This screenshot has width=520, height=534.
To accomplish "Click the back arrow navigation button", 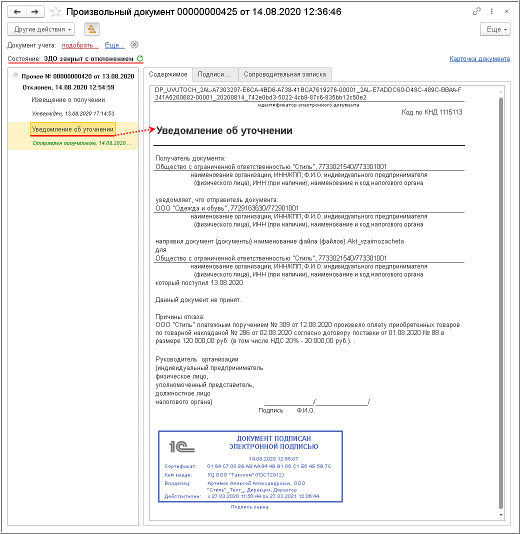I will pyautogui.click(x=17, y=11).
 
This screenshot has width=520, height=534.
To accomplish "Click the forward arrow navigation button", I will pyautogui.click(x=35, y=11).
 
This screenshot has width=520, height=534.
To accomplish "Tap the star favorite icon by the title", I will pyautogui.click(x=56, y=11).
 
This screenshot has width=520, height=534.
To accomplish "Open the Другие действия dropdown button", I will pyautogui.click(x=41, y=29).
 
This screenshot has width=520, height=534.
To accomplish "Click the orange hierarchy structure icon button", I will pyautogui.click(x=92, y=29).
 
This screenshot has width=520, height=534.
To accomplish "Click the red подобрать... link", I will pyautogui.click(x=80, y=45).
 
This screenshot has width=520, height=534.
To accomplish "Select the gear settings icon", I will pyautogui.click(x=134, y=44).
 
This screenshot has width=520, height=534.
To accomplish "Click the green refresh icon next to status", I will pyautogui.click(x=140, y=58).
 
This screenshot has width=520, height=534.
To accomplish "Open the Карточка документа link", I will pyautogui.click(x=479, y=59).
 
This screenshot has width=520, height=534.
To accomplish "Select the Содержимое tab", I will pyautogui.click(x=168, y=74).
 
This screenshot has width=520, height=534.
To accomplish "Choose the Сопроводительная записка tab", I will pyautogui.click(x=284, y=74).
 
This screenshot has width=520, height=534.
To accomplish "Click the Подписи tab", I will pyautogui.click(x=215, y=74).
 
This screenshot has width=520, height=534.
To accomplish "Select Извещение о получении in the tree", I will pyautogui.click(x=68, y=100).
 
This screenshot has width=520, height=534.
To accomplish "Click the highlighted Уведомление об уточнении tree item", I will pyautogui.click(x=73, y=129).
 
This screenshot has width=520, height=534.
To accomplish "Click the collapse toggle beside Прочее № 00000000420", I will pyautogui.click(x=15, y=75).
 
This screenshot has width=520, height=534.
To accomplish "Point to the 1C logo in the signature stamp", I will pyautogui.click(x=181, y=446).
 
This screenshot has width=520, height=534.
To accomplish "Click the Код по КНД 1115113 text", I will pyautogui.click(x=432, y=112).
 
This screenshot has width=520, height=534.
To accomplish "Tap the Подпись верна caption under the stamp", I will pyautogui.click(x=249, y=507).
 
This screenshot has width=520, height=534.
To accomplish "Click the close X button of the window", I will pyautogui.click(x=507, y=11).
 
